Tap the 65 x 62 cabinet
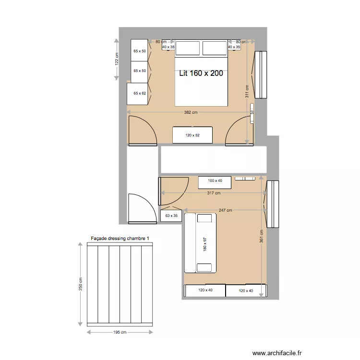[x=139, y=93]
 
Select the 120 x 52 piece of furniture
[x=192, y=135]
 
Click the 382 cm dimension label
[x=191, y=113]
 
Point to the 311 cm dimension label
[x=247, y=92]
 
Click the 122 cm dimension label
[x=116, y=59]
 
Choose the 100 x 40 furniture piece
[x=215, y=181]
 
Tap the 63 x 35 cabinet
[x=171, y=216]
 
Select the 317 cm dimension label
[x=214, y=193]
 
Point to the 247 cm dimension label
[x=225, y=210]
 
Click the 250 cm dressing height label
[x=81, y=285]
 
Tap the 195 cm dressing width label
[x=120, y=332]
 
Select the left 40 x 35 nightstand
[x=168, y=47]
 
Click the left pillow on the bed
[x=188, y=48]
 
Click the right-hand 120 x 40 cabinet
[x=245, y=290]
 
